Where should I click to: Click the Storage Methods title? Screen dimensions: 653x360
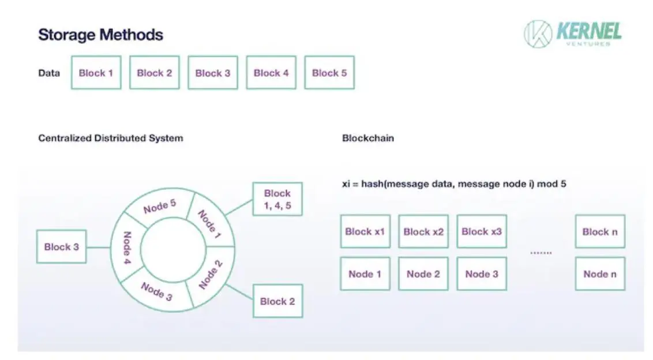pos(100,35)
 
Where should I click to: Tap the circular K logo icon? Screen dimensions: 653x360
pos(538,33)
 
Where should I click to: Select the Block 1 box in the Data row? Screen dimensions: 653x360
pos(96,73)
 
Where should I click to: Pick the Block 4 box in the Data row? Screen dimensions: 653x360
pos(271,73)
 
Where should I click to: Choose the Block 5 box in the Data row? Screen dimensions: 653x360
pos(329,73)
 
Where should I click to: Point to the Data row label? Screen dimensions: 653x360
pos(49,73)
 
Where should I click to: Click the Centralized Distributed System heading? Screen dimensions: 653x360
pos(110,138)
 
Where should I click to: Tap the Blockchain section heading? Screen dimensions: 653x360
pos(367,138)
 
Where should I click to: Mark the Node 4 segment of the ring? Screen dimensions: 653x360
pos(126,247)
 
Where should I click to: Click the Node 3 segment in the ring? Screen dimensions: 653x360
pos(156,292)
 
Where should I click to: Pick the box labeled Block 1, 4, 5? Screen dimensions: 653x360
pos(277,199)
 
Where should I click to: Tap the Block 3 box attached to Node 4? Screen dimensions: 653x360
pos(62,247)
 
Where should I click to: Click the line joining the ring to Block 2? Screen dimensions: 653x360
pos(239,292)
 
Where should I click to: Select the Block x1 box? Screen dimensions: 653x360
pos(365,231)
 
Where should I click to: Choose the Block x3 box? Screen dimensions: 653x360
pos(482,231)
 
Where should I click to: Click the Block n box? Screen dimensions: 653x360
pos(600,231)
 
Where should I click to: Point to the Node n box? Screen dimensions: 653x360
pos(600,273)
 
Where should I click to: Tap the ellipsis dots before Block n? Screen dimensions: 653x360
pos(541,253)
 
